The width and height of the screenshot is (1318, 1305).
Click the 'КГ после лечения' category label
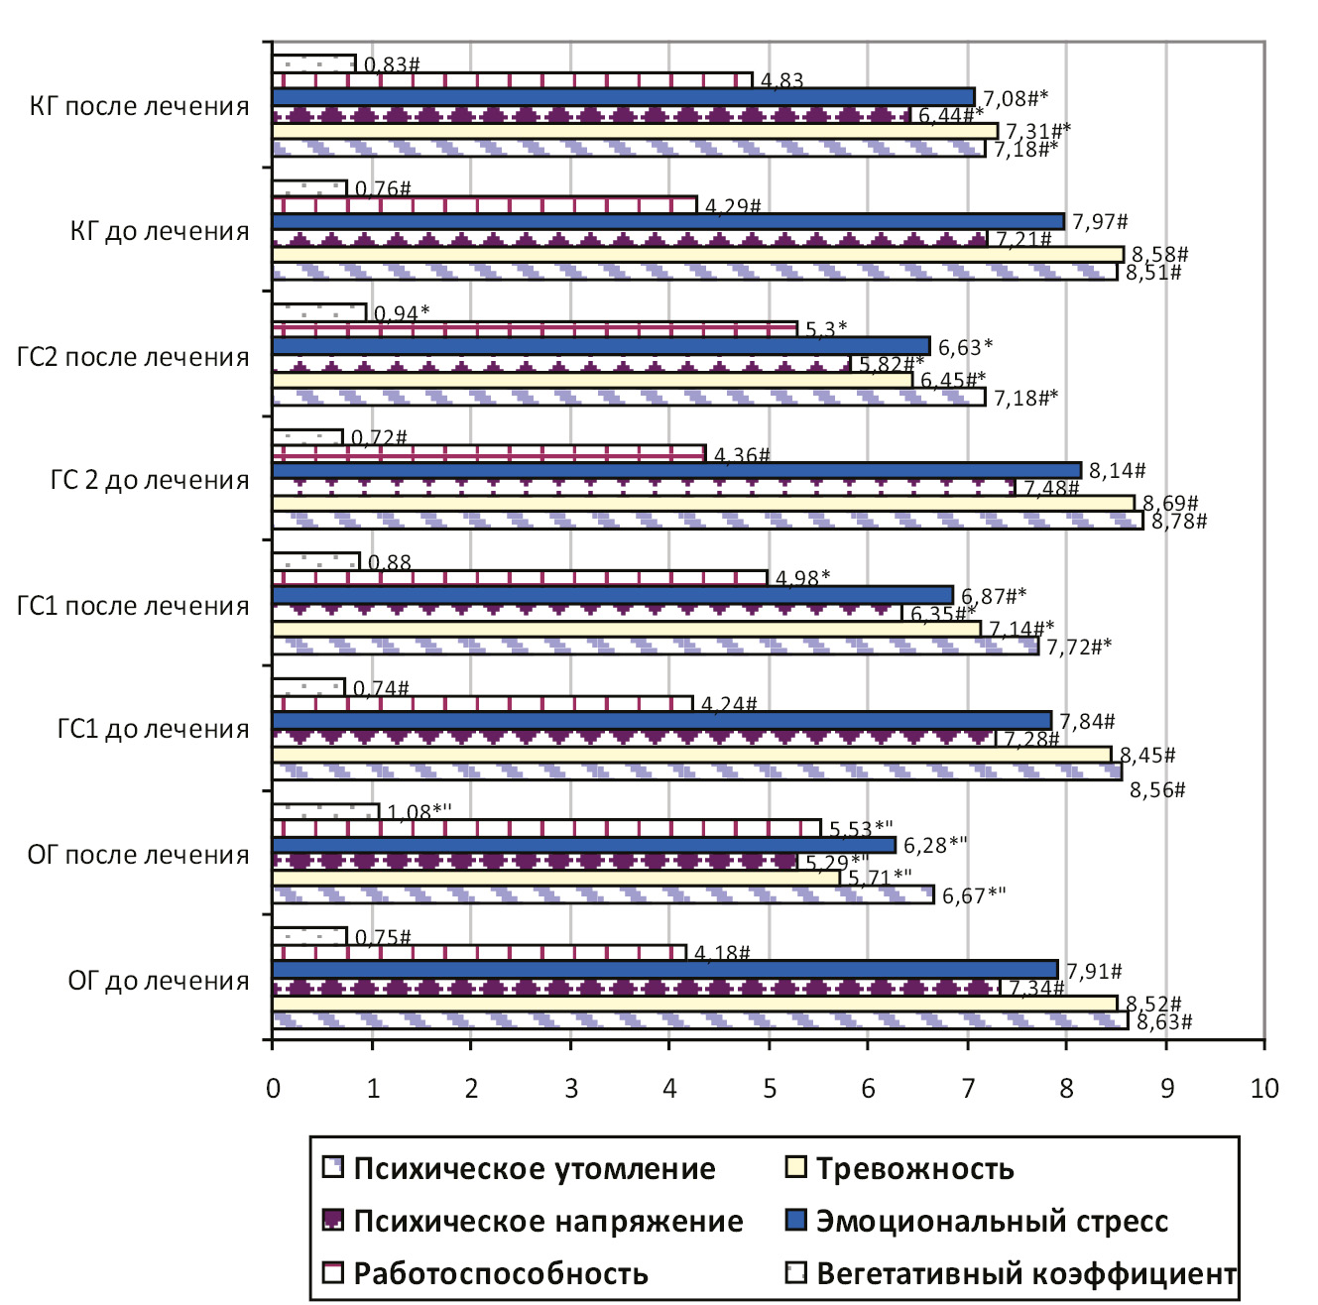[x=140, y=106]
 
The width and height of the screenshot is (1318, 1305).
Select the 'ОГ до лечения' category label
[x=159, y=981]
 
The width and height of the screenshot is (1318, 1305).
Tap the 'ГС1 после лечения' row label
[x=133, y=606]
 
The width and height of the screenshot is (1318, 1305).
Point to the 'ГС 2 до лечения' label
[x=150, y=481]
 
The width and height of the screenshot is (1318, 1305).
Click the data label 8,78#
[x=1179, y=522]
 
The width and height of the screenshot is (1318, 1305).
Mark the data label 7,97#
[x=1100, y=222]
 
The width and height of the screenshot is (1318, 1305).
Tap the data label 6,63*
[x=966, y=348]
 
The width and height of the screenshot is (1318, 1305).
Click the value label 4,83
[x=781, y=81]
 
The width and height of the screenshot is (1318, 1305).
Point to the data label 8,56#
[x=1158, y=790]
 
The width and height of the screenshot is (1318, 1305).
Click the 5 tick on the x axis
[x=770, y=1089]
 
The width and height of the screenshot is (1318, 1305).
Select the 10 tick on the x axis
[x=1264, y=1089]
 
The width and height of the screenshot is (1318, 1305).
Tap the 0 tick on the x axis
[x=273, y=1089]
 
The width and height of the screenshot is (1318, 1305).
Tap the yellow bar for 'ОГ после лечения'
[x=555, y=879]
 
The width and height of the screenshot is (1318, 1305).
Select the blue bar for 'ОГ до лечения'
[x=664, y=969]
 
